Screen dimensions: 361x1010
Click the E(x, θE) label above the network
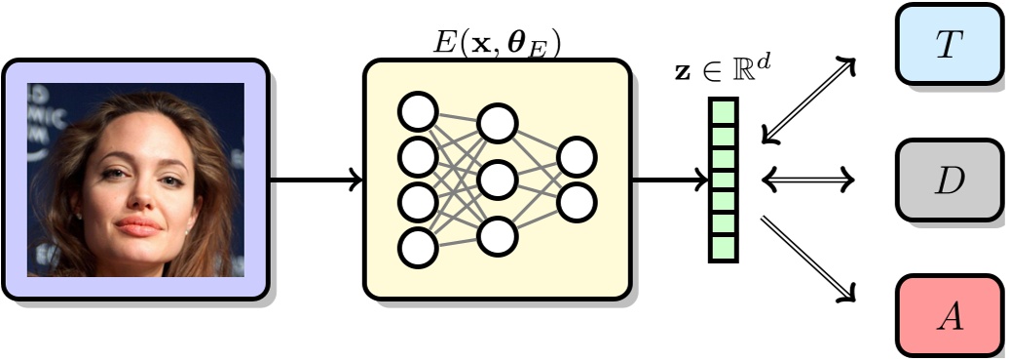(x=497, y=43)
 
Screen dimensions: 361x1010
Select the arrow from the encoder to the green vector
(x=670, y=180)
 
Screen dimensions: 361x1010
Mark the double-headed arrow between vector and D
(x=808, y=179)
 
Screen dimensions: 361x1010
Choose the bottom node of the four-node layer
(x=418, y=247)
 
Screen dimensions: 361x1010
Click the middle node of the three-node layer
(x=497, y=179)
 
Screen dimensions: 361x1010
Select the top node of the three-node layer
(x=497, y=123)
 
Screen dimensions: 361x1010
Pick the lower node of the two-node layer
(x=577, y=201)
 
